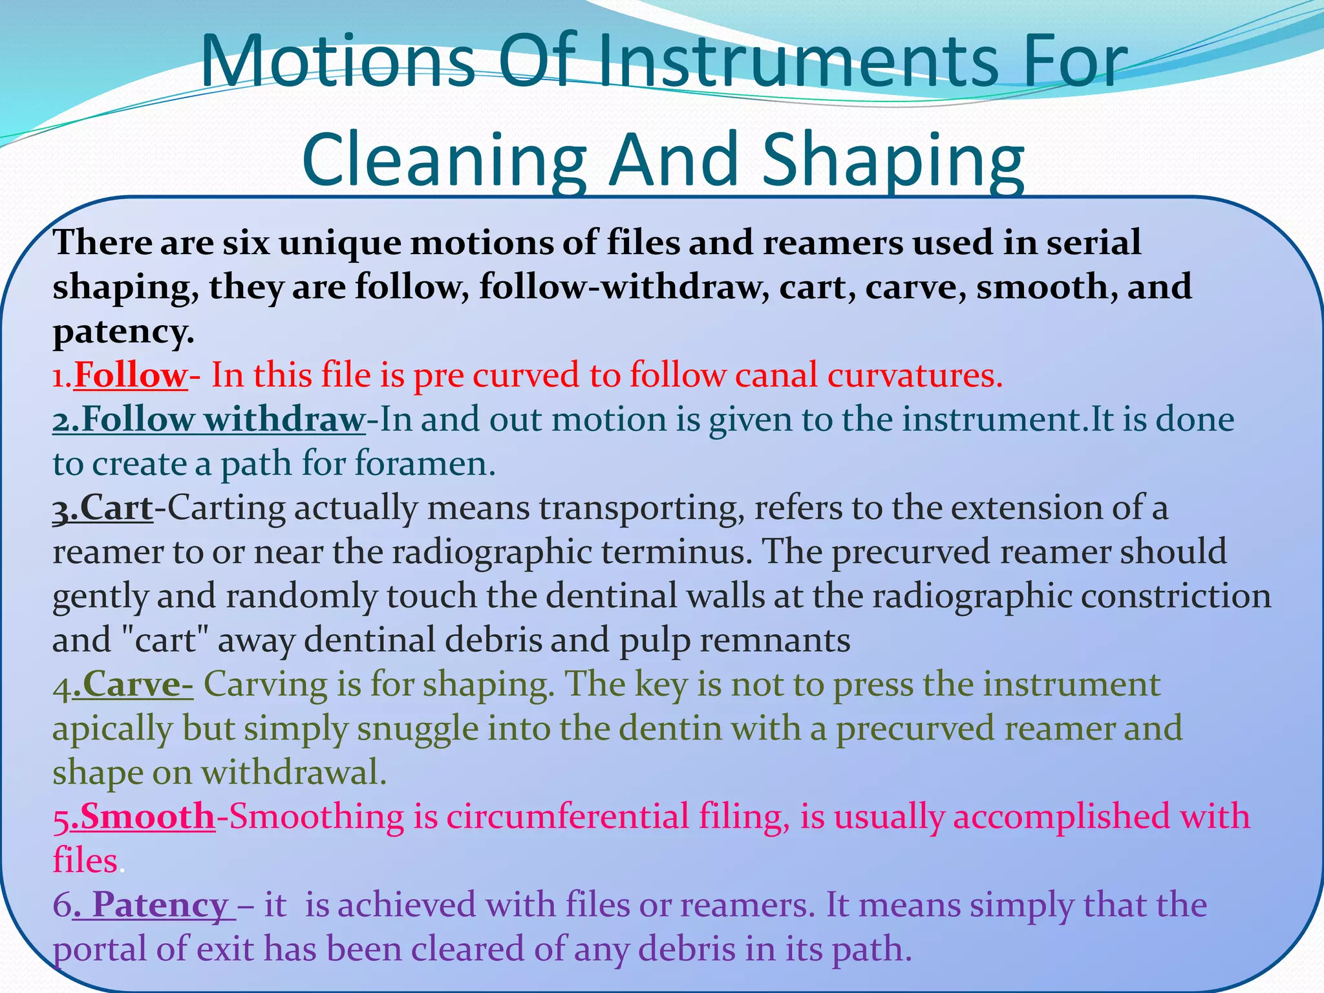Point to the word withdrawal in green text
(294, 773)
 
